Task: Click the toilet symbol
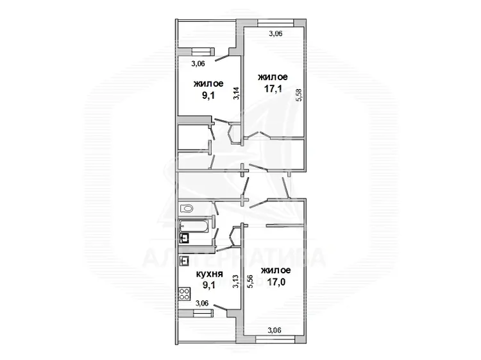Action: pos(187,209)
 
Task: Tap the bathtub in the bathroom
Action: pos(194,226)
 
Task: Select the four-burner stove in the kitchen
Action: pos(185,293)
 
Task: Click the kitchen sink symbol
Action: pos(184,261)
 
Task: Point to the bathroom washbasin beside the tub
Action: pos(184,238)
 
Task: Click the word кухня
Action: pos(210,274)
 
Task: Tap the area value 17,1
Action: pos(273,89)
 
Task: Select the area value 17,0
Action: pos(276,282)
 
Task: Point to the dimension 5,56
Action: pos(250,281)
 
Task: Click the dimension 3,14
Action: pos(236,94)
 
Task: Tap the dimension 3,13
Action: pos(235,281)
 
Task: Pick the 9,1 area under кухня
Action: pos(209,285)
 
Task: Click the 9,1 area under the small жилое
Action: pos(208,96)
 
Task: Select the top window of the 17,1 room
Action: pos(276,23)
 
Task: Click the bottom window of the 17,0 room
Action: pos(275,339)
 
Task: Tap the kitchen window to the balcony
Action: pos(203,313)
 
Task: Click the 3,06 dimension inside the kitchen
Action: pos(202,304)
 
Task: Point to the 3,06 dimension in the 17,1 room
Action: pos(276,34)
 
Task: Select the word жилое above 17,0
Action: pos(276,270)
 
